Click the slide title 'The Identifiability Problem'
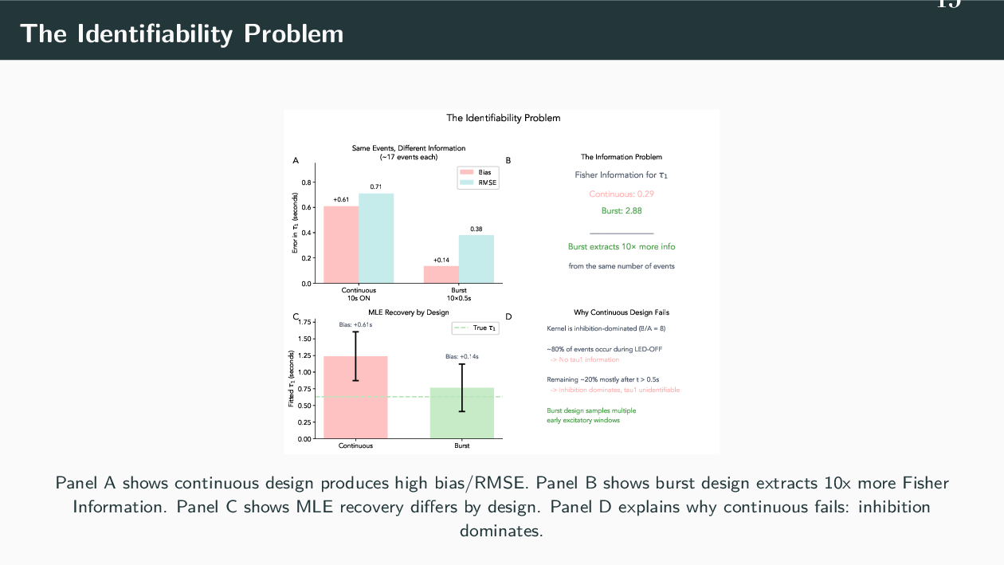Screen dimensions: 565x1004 point(182,33)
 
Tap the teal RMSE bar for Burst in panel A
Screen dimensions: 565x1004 point(476,258)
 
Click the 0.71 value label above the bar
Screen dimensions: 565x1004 point(376,186)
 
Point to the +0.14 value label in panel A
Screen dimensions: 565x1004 point(441,260)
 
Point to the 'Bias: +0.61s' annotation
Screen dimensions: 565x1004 point(355,324)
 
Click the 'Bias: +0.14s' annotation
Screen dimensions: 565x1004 point(461,356)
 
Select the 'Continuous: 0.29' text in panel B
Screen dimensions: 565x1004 point(622,194)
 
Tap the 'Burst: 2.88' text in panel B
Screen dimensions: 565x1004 point(622,211)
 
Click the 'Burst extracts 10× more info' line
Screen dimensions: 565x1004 point(622,247)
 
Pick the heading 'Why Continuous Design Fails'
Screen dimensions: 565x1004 point(622,312)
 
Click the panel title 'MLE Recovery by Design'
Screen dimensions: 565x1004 point(409,312)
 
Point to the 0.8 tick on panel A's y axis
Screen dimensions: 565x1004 point(307,182)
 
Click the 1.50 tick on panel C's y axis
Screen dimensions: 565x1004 point(304,339)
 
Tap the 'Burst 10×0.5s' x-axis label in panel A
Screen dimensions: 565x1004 point(459,294)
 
